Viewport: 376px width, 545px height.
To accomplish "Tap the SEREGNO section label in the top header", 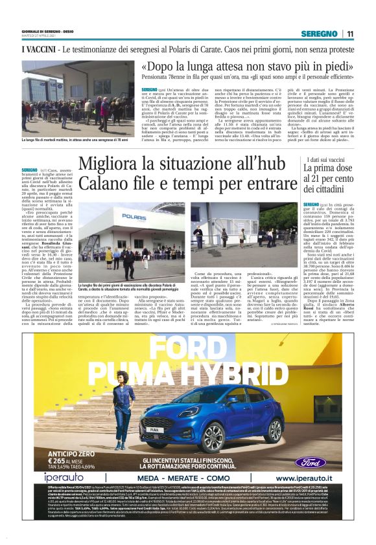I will [x=322, y=34].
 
